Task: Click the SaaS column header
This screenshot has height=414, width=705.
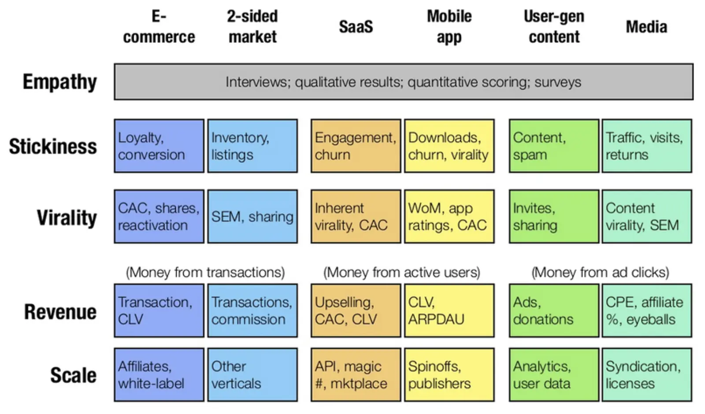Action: [356, 26]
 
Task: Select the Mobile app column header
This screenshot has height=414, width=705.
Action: [449, 26]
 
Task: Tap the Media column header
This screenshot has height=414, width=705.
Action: [646, 26]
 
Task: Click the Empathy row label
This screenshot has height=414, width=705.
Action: [60, 82]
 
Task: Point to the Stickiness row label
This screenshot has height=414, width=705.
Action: [53, 146]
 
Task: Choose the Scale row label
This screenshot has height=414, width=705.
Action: [73, 375]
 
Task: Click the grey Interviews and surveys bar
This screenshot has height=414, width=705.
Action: [404, 82]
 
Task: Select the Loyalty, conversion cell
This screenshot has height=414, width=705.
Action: [159, 146]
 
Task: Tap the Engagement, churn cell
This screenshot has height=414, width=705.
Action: [356, 146]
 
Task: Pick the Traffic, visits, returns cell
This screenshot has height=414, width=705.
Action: [647, 146]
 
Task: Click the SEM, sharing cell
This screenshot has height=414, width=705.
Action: [252, 216]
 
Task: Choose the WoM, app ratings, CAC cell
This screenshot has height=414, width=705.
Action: [449, 216]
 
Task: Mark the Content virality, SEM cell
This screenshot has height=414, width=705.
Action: [647, 216]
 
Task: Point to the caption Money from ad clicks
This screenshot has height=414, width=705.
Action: [600, 272]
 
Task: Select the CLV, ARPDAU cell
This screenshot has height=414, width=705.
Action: [449, 310]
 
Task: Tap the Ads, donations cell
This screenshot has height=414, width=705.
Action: [554, 310]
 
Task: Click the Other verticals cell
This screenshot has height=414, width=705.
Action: [252, 375]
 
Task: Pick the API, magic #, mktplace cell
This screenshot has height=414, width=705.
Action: [356, 375]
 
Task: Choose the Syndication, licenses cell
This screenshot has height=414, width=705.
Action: [647, 375]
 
